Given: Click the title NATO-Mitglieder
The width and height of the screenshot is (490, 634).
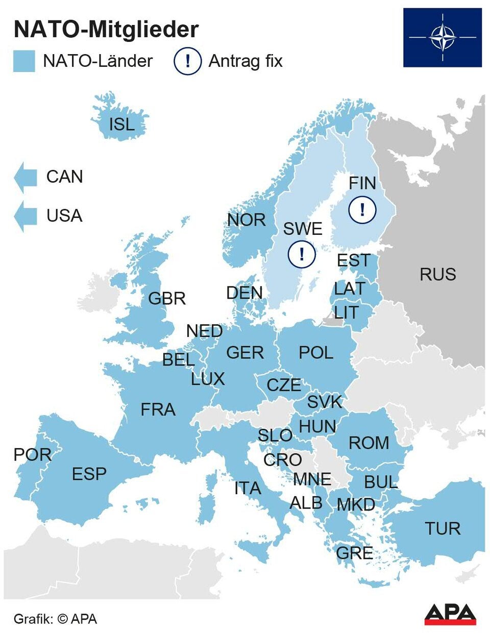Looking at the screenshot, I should [x=106, y=30].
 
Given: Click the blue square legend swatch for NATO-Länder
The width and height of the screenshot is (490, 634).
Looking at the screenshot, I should [x=24, y=61].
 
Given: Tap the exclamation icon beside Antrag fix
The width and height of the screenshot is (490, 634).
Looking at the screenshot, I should [x=187, y=61].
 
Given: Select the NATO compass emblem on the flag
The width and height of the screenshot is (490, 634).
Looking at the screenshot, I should [x=442, y=37].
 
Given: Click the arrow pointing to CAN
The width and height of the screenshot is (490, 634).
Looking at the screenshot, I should [x=25, y=177].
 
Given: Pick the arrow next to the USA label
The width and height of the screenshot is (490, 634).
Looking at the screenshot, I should [x=25, y=216].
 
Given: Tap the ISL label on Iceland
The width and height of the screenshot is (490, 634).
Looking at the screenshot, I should [x=122, y=124].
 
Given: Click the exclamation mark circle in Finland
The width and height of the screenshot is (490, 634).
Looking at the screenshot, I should [x=362, y=209].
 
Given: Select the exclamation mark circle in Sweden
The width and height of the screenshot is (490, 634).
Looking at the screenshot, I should [x=301, y=254].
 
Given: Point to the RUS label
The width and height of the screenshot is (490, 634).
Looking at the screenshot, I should [x=437, y=275].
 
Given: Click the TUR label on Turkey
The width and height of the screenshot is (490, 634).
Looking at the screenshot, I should [x=443, y=528].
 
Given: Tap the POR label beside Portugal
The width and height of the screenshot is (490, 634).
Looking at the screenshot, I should [x=32, y=454].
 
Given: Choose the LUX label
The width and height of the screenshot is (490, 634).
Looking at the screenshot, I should [x=208, y=379].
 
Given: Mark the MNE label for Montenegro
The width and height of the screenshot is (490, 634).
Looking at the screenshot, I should [x=312, y=479].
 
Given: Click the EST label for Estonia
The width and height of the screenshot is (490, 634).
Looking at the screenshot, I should [x=353, y=260].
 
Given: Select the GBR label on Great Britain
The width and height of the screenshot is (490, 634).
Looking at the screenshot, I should [x=166, y=299].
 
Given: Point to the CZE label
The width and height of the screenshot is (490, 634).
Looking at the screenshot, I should [x=284, y=385].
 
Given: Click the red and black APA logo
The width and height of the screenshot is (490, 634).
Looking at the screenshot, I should [x=450, y=614].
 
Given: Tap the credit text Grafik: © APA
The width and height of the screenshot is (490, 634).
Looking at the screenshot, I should [x=55, y=619].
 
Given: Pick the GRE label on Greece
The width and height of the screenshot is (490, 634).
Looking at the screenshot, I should [x=354, y=553].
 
